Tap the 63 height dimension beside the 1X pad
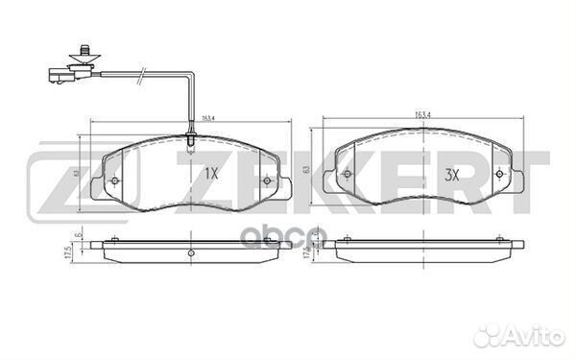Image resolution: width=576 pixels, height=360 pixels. point(76,174)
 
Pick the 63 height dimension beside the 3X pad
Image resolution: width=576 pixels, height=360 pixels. point(307,168)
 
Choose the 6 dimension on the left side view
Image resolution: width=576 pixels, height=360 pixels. point(77,236)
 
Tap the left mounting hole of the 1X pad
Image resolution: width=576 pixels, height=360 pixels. point(114,182)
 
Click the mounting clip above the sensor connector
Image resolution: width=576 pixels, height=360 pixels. point(84,48)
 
